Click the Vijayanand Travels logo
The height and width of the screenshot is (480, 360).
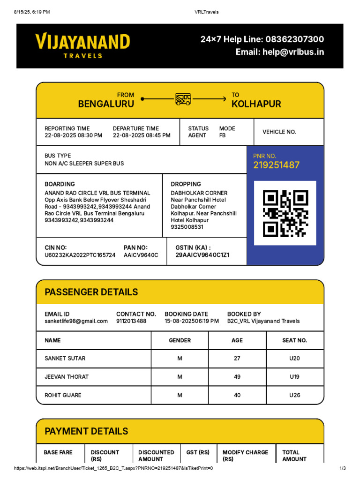coord(82,45)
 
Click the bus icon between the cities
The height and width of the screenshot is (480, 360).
coord(183,99)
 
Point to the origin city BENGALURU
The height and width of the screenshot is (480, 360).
coord(106,104)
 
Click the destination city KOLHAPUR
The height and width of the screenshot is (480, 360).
coord(256,104)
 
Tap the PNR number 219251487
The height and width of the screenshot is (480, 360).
coord(276,165)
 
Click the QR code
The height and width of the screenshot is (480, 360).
coord(285,213)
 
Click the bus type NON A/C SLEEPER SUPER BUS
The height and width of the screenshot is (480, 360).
coord(84,164)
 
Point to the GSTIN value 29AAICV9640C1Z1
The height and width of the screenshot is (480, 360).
coord(202,255)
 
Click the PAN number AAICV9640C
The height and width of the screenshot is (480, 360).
coord(141,255)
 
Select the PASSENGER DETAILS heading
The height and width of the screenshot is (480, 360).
coord(91,292)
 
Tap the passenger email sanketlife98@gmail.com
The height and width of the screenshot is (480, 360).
coord(76,321)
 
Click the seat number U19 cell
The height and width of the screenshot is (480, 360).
coord(294,377)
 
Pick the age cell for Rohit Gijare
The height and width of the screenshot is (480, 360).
coord(237,395)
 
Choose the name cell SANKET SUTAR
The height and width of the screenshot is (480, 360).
coord(65,359)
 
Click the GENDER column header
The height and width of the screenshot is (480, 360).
coord(180,340)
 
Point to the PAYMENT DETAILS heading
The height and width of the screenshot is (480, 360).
coord(86,431)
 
